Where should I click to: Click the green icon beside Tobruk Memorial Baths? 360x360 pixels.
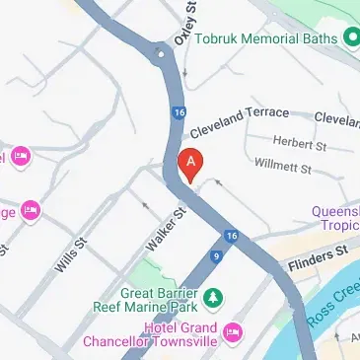click(348, 39)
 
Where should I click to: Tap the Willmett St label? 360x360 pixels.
click(282, 165)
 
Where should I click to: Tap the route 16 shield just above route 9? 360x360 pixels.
click(231, 236)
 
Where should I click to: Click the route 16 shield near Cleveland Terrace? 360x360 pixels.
click(178, 113)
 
